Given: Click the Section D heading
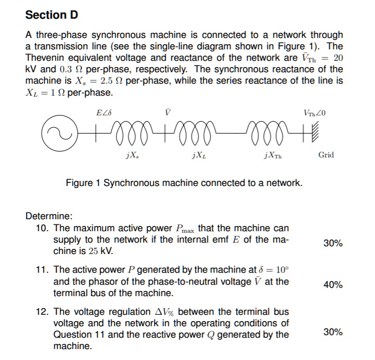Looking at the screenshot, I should [x=51, y=15].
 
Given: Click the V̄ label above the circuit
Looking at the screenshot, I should [x=166, y=112].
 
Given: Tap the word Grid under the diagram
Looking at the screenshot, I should [x=326, y=155].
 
